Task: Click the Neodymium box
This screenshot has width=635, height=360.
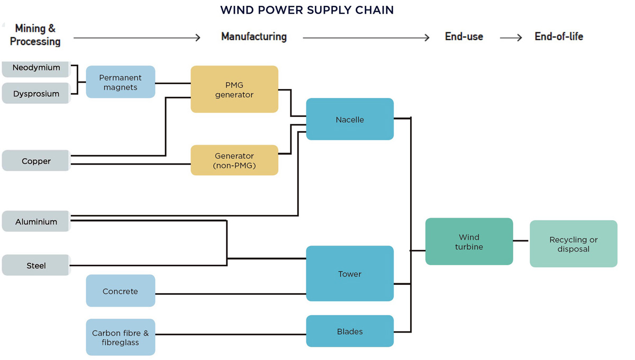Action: pyautogui.click(x=36, y=68)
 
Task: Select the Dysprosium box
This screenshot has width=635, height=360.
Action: pyautogui.click(x=36, y=94)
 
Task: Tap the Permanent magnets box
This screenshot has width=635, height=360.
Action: pyautogui.click(x=121, y=82)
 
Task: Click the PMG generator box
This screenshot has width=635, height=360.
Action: pyautogui.click(x=234, y=89)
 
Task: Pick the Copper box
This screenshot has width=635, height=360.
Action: pyautogui.click(x=36, y=161)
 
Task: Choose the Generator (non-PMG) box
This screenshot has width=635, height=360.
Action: pyautogui.click(x=234, y=160)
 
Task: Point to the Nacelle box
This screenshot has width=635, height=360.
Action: pyautogui.click(x=350, y=119)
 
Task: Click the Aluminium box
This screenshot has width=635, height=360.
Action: pyautogui.click(x=36, y=221)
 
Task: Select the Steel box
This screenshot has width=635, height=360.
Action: pyautogui.click(x=36, y=265)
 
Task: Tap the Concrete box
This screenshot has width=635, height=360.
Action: pyautogui.click(x=121, y=291)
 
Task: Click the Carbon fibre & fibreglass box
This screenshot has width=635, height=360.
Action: pyautogui.click(x=121, y=337)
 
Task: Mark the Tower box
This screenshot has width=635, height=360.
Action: pyautogui.click(x=350, y=274)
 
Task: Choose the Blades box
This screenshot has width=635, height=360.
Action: pyautogui.click(x=350, y=331)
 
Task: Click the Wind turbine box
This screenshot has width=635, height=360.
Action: pyautogui.click(x=469, y=241)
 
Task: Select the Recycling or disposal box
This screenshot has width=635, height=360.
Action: pyautogui.click(x=573, y=244)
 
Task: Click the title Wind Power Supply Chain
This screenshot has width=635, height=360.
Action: pyautogui.click(x=307, y=10)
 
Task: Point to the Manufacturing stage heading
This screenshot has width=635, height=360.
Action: pyautogui.click(x=254, y=37)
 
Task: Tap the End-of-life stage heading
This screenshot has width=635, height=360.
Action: pyautogui.click(x=559, y=37)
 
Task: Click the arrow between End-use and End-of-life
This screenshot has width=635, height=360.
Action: pyautogui.click(x=511, y=38)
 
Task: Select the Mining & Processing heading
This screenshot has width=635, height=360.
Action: pyautogui.click(x=35, y=35)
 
